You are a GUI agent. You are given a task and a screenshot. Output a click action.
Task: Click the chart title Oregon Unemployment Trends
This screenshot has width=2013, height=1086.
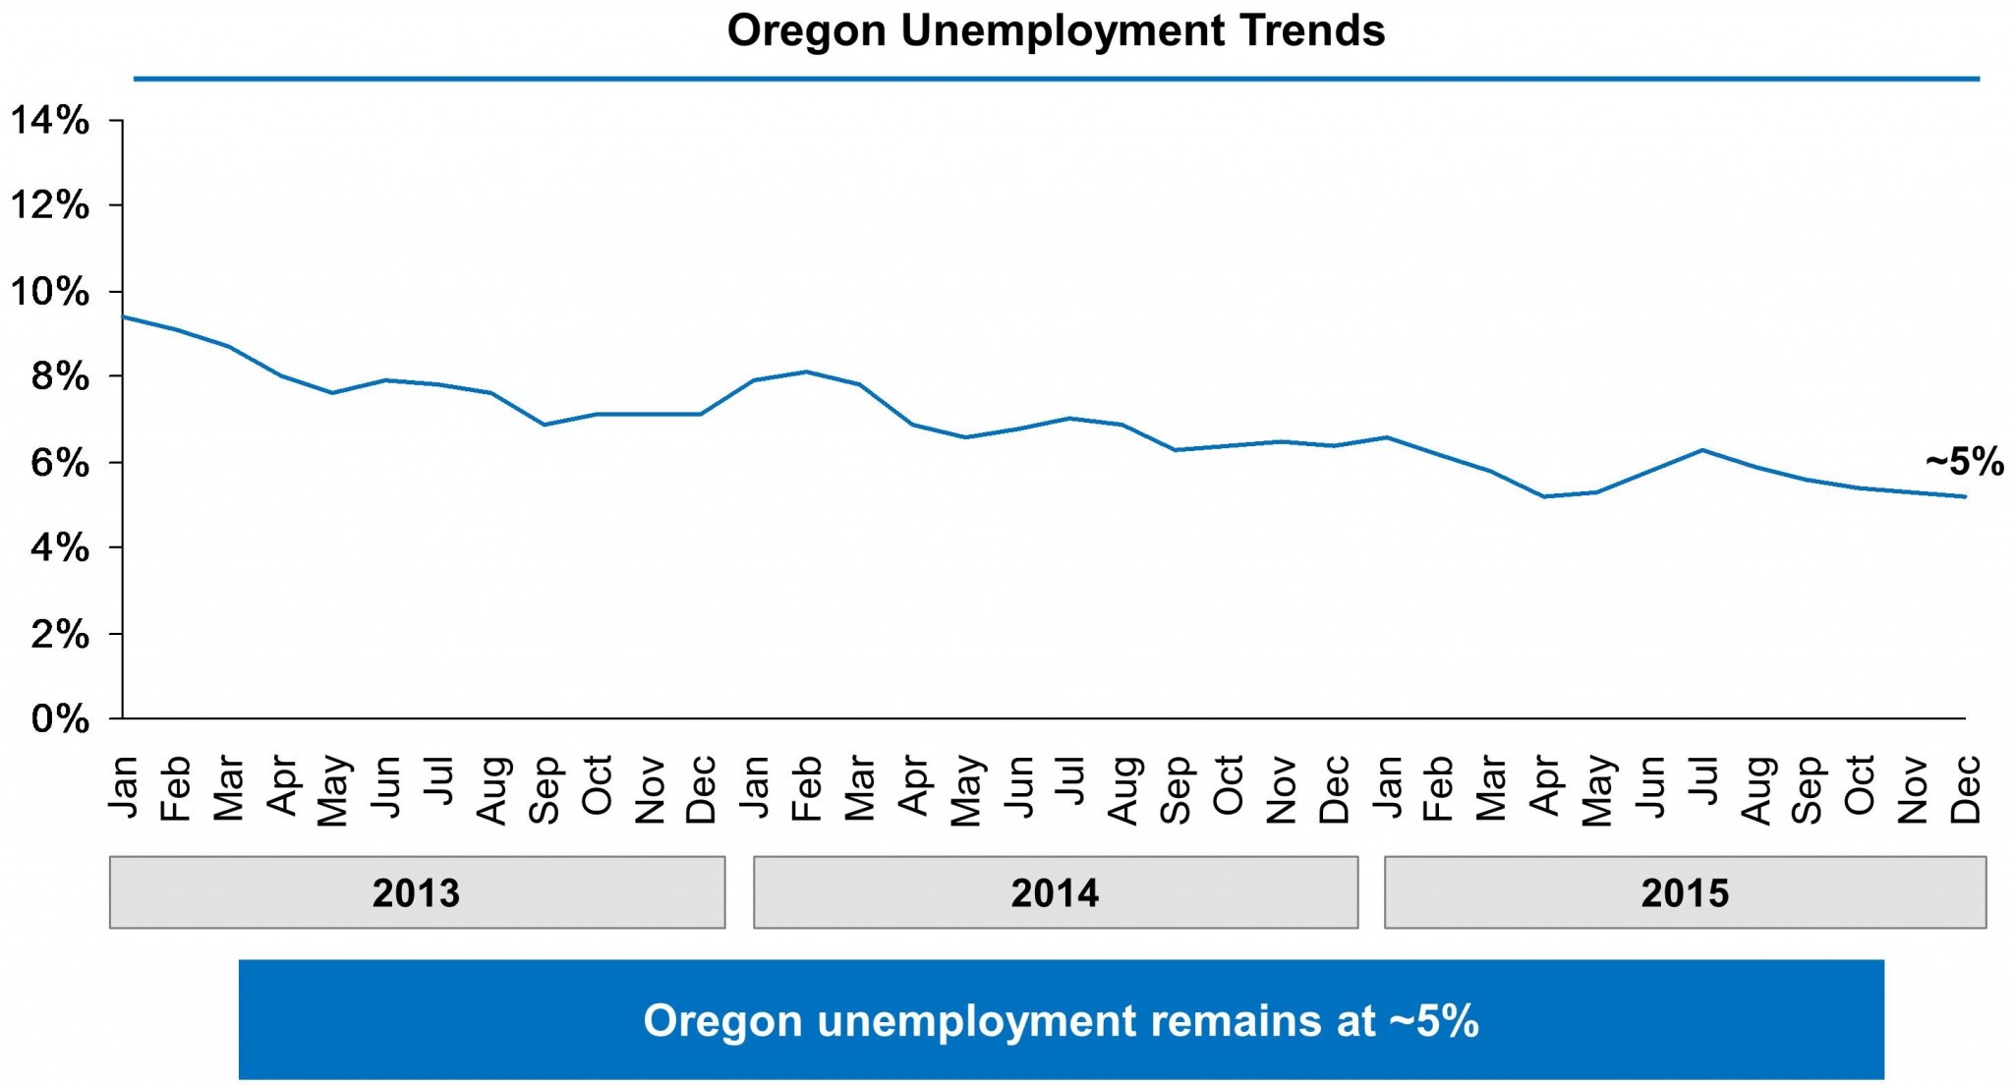pyautogui.click(x=1056, y=30)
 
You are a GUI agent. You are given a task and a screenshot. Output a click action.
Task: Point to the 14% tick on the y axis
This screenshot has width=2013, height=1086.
pyautogui.click(x=50, y=120)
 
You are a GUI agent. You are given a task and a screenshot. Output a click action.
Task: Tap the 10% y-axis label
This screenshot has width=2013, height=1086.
pyautogui.click(x=50, y=292)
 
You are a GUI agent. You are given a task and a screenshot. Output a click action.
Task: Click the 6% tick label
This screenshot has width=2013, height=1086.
pyautogui.click(x=60, y=462)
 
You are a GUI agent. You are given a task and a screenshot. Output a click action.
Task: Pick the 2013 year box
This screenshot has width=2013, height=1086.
pyautogui.click(x=417, y=892)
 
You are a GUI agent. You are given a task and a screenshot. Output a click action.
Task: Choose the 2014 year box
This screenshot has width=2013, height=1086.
pyautogui.click(x=1056, y=892)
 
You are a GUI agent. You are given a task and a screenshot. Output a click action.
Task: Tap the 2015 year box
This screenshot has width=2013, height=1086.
pyautogui.click(x=1685, y=892)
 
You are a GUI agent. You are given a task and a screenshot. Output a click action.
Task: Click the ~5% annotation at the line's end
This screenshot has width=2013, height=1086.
pyautogui.click(x=1964, y=461)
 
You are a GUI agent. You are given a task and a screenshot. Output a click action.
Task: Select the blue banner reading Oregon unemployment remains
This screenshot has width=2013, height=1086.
pyautogui.click(x=1061, y=1020)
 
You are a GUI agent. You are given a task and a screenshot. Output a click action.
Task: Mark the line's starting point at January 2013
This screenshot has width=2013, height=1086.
pyautogui.click(x=124, y=316)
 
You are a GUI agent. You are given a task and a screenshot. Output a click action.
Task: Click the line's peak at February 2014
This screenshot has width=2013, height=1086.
pyautogui.click(x=806, y=372)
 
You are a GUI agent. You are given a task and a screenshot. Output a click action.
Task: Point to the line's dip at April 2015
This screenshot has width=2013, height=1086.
pyautogui.click(x=1544, y=496)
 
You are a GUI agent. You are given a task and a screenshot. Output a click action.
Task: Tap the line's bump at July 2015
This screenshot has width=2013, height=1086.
pyautogui.click(x=1702, y=450)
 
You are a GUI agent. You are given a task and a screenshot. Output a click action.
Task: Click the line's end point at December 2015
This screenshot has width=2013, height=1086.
pyautogui.click(x=1965, y=496)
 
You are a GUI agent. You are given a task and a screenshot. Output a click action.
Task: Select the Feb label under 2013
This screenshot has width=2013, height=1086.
pyautogui.click(x=175, y=788)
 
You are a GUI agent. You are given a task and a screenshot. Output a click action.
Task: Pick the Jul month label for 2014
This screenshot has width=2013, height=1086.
pyautogui.click(x=1070, y=781)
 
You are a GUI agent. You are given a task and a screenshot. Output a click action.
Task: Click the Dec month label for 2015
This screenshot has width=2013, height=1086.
pyautogui.click(x=1965, y=788)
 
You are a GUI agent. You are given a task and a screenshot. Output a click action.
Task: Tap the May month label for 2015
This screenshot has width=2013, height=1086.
pyautogui.click(x=1597, y=790)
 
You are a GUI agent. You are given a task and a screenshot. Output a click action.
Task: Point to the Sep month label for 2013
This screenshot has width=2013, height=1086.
pyautogui.click(x=544, y=788)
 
